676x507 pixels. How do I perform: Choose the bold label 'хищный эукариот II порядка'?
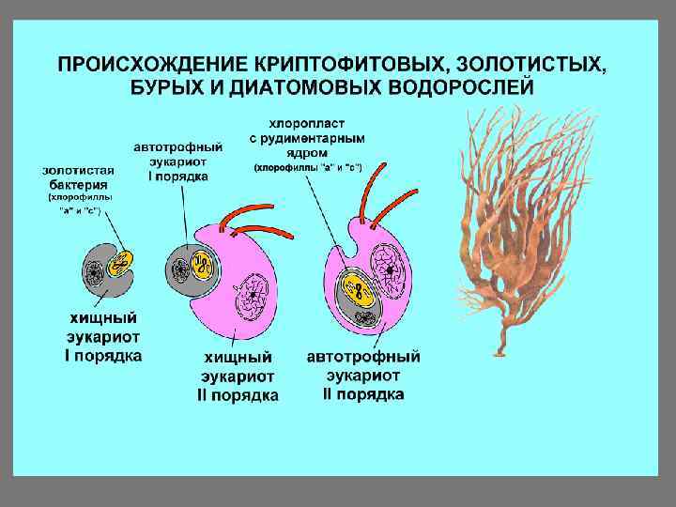tap(238, 376)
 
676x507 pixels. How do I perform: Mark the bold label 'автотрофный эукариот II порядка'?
tap(364, 376)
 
